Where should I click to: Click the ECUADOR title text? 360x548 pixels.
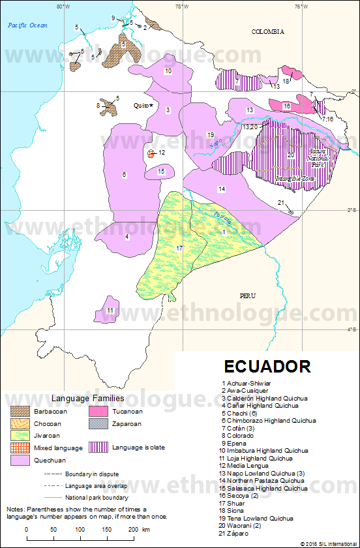click(267, 365)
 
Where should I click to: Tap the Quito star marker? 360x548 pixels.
click(151, 105)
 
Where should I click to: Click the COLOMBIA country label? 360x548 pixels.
click(269, 31)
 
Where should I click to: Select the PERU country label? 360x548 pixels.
click(248, 296)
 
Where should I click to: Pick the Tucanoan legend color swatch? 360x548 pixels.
click(98, 412)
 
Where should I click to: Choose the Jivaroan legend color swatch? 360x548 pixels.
click(20, 436)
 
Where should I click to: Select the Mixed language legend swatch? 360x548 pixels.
click(20, 448)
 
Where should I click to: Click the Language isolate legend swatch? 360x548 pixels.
click(98, 448)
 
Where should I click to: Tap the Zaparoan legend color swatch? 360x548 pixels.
click(98, 423)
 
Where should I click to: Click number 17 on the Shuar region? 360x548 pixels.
click(179, 249)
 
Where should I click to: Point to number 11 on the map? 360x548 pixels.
click(111, 310)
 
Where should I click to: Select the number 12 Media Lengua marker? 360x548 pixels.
click(151, 153)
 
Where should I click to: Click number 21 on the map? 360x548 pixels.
click(280, 203)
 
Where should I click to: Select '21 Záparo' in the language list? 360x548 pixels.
click(238, 533)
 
